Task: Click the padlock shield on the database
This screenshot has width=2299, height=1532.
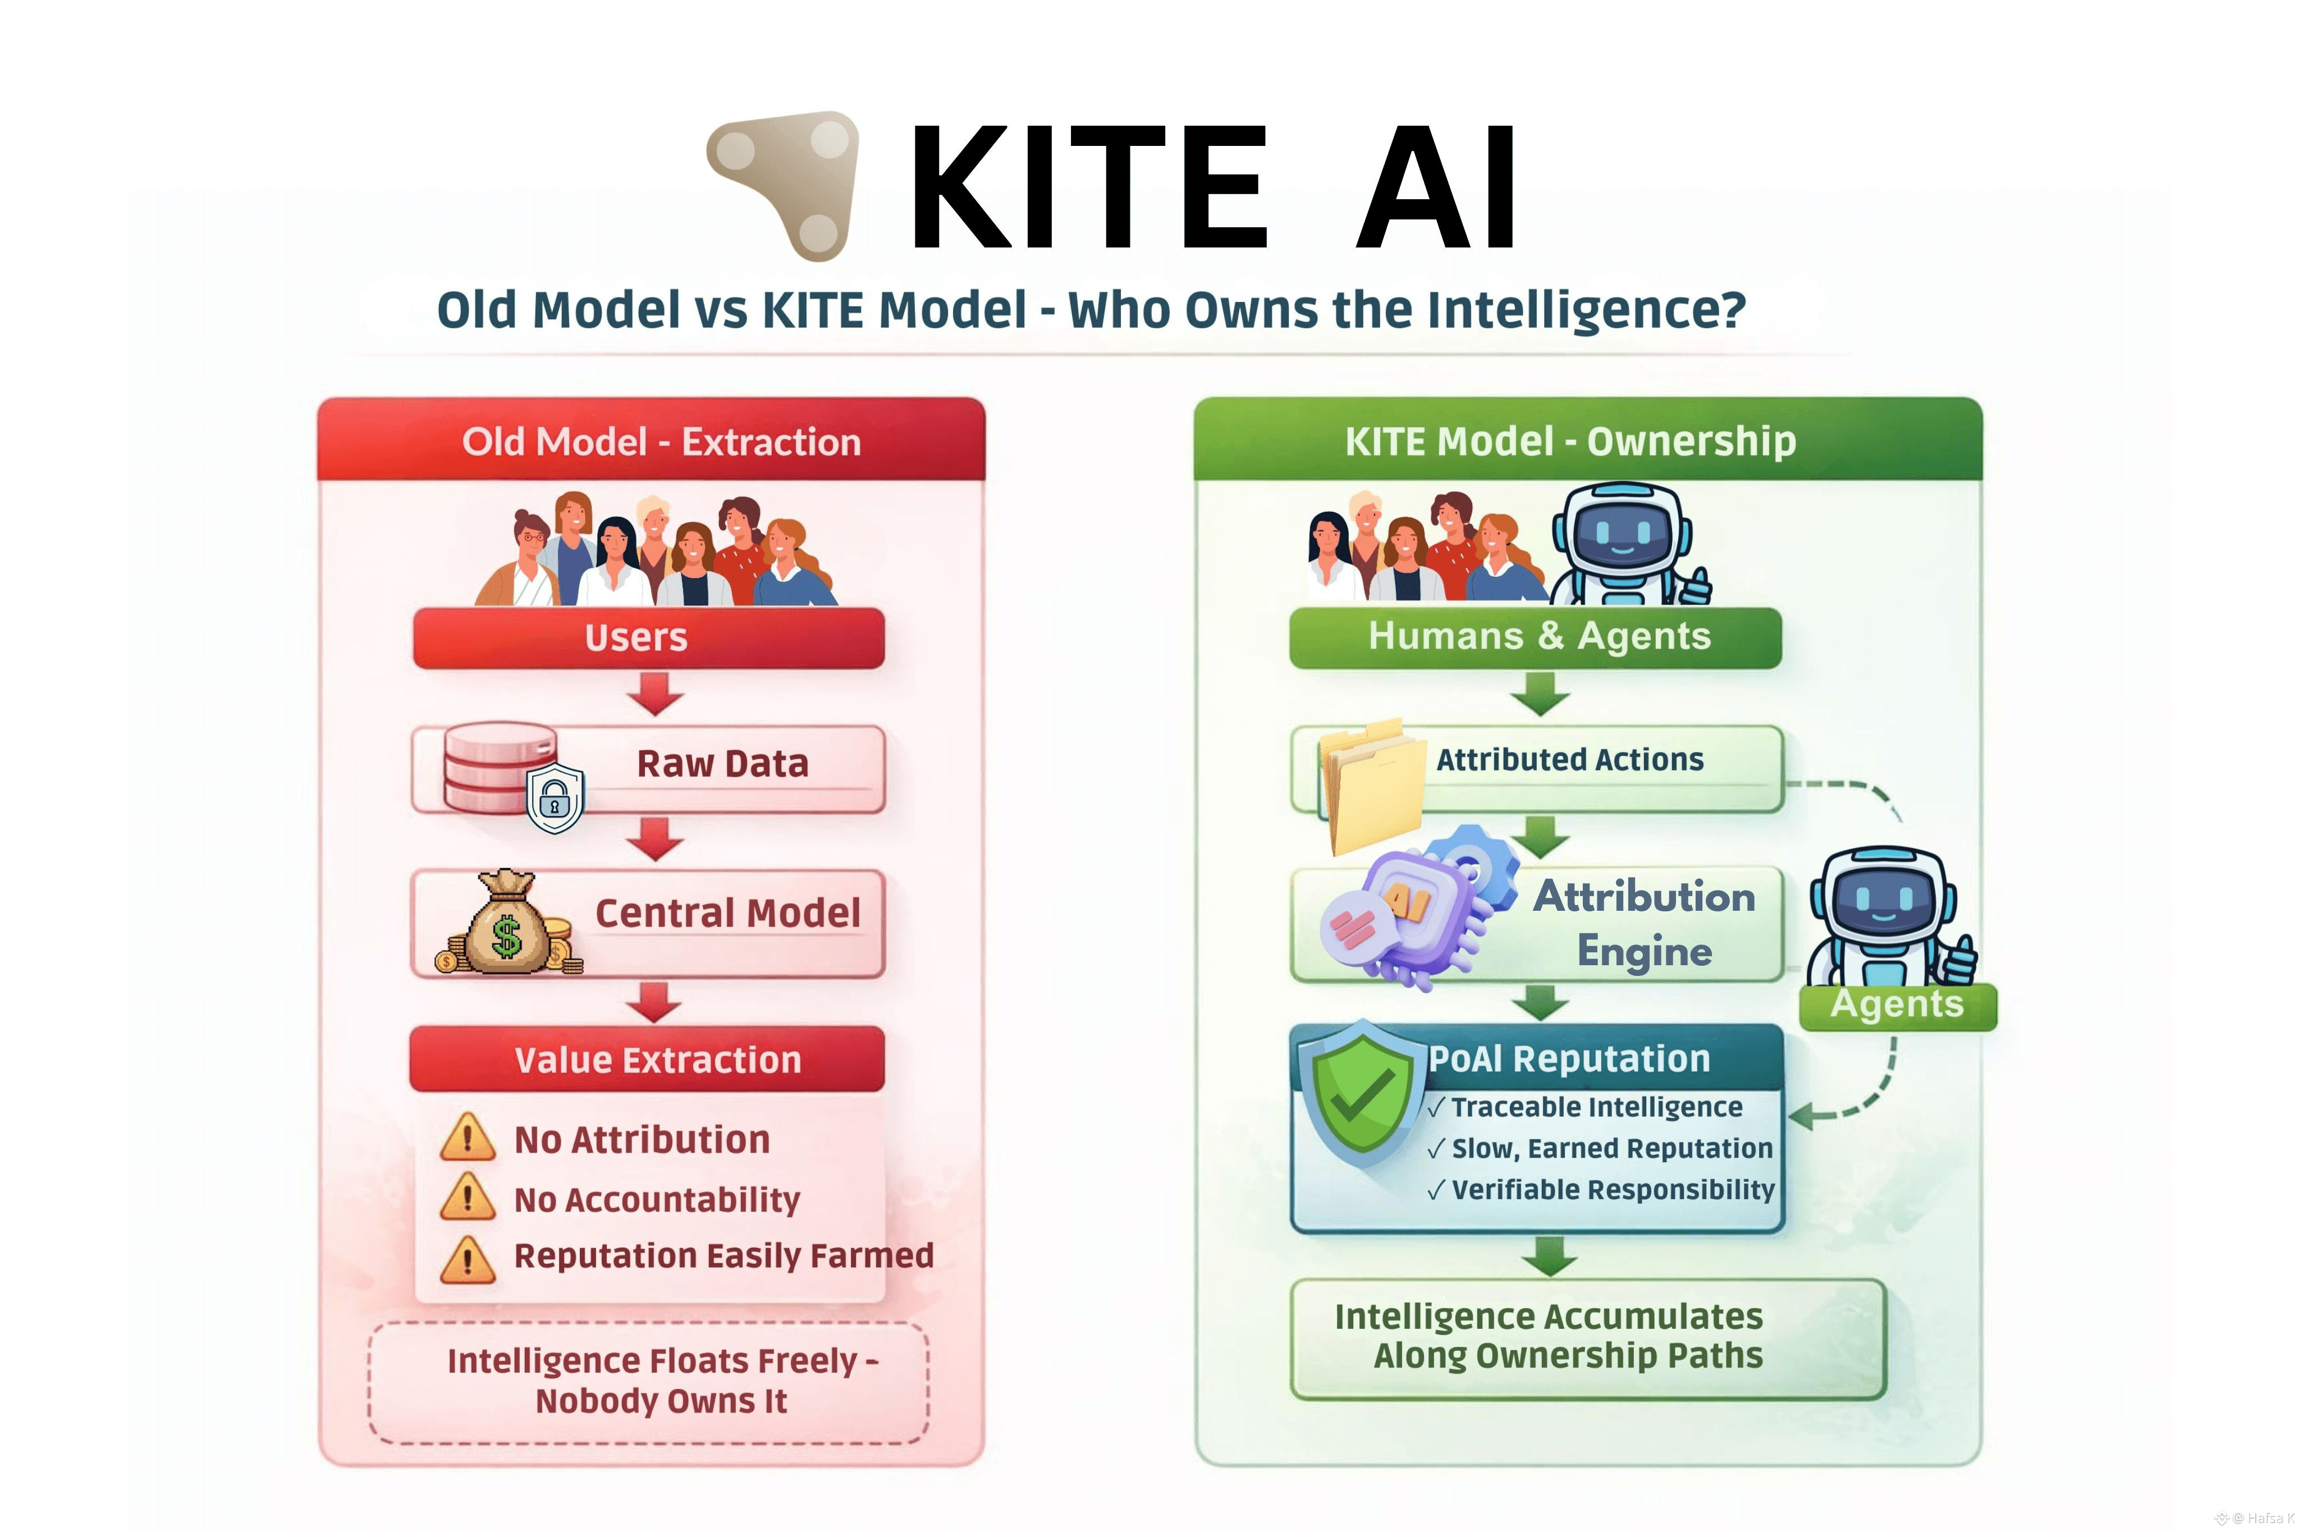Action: [x=555, y=797]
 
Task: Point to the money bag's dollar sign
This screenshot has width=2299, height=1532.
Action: [x=506, y=936]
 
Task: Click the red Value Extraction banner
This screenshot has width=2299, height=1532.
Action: [x=647, y=1059]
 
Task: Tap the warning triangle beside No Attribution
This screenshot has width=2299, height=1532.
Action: [x=467, y=1137]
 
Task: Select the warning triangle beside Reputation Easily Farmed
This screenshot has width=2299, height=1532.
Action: [x=467, y=1258]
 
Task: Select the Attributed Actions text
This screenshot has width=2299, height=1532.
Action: [x=1569, y=759]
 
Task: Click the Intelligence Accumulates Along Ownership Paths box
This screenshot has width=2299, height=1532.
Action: [x=1588, y=1338]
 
